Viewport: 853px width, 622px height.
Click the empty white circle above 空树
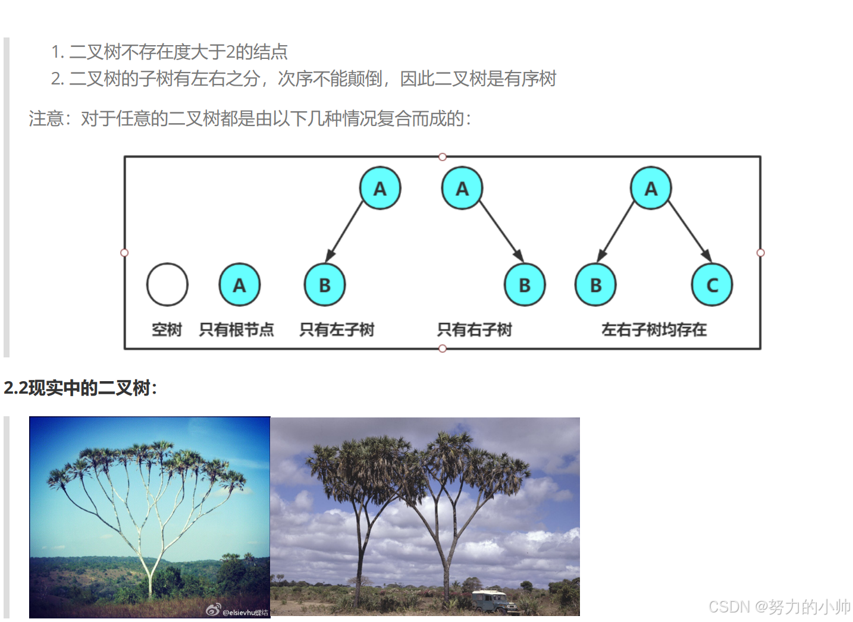point(167,285)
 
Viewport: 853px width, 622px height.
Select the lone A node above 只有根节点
point(239,285)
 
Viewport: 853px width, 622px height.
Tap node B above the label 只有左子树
point(324,285)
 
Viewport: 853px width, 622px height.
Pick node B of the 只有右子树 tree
point(524,285)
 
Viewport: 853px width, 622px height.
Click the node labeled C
point(711,285)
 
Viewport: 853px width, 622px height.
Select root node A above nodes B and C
point(651,189)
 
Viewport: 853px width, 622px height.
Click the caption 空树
point(167,329)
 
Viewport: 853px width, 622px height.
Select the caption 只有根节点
point(236,329)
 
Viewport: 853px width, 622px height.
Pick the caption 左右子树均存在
point(654,329)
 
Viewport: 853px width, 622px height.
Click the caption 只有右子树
point(474,329)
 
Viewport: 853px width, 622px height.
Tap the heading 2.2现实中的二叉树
point(80,388)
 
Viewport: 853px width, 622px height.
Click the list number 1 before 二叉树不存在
point(57,52)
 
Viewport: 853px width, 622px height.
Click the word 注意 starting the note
point(46,119)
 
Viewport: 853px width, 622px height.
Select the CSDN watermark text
point(779,607)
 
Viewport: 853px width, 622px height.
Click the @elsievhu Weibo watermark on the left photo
point(238,611)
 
